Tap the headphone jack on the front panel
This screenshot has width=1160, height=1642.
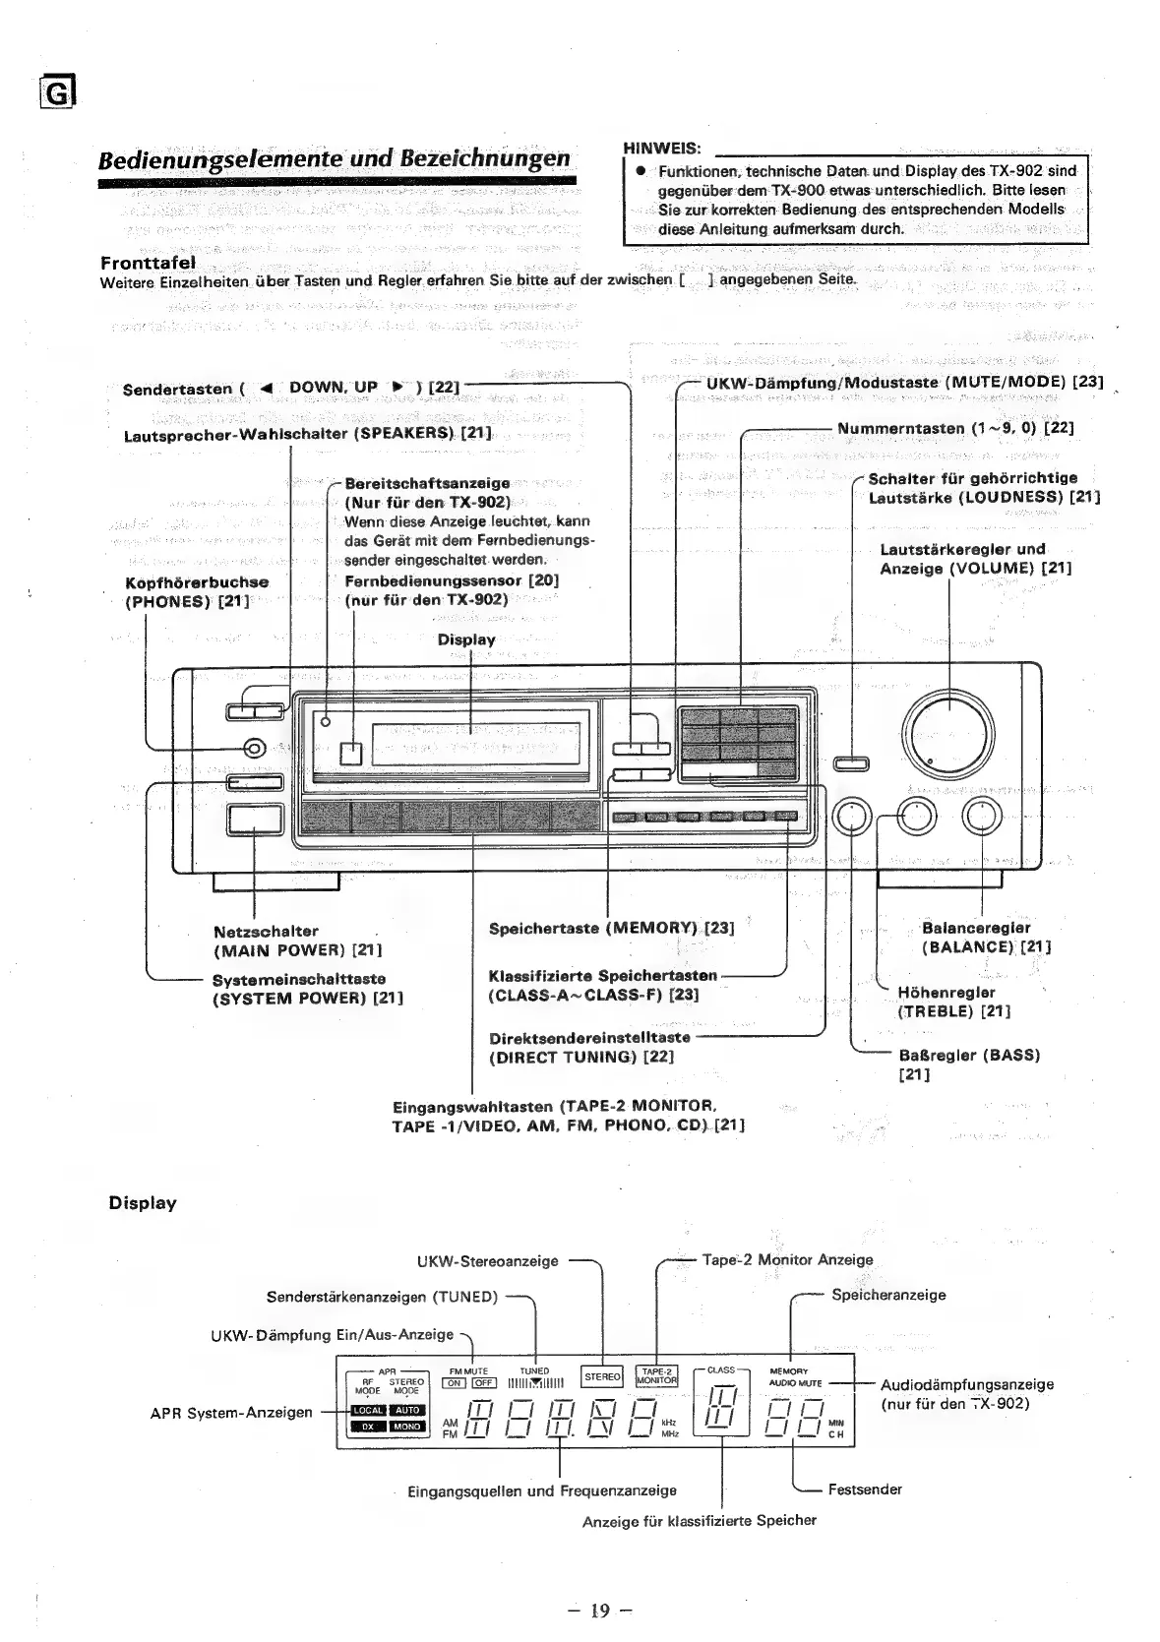click(253, 749)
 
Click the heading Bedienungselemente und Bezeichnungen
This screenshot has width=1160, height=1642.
click(335, 159)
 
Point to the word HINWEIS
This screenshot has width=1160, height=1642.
click(661, 148)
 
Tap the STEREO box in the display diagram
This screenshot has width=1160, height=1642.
click(602, 1377)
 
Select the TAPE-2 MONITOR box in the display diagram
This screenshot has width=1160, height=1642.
click(656, 1376)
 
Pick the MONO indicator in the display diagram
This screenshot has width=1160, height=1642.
click(407, 1426)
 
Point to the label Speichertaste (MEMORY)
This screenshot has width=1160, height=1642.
click(610, 928)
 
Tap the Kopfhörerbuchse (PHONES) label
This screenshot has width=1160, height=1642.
click(197, 591)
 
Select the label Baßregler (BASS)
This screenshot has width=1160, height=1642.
click(968, 1056)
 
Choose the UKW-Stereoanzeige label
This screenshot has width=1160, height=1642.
click(487, 1260)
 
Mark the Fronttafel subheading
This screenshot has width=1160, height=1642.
click(148, 263)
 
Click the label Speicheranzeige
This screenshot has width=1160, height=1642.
click(887, 1295)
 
